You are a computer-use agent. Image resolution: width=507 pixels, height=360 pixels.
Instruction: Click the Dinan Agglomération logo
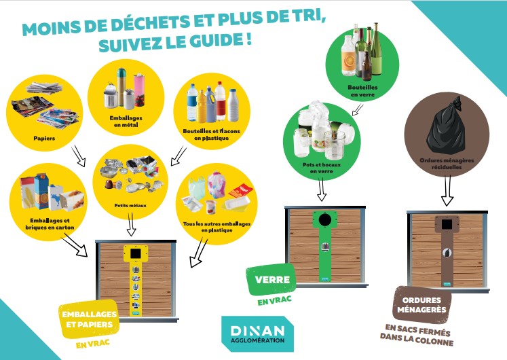tap(257, 334)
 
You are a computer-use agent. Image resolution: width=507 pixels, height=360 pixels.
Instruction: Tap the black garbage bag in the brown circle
tap(447, 126)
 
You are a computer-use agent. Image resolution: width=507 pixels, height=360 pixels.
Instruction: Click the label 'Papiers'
tap(44, 139)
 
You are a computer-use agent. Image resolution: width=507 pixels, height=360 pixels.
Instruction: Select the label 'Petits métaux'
tap(130, 205)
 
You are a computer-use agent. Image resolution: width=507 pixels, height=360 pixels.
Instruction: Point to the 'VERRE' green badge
tap(271, 279)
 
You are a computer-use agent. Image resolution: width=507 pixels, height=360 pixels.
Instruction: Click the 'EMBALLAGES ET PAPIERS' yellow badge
tap(89, 319)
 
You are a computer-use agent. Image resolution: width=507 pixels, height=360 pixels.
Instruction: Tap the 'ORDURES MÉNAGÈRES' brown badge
tap(421, 305)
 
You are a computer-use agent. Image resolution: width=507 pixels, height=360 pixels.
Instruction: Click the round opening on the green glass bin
tap(325, 219)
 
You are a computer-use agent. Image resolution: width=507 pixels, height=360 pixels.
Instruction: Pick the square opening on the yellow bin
tap(136, 253)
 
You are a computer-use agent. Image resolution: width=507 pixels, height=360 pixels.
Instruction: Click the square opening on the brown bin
tap(447, 224)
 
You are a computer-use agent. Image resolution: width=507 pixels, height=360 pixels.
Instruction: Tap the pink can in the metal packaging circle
tap(140, 90)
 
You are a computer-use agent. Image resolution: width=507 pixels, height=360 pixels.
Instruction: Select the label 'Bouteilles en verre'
tap(362, 91)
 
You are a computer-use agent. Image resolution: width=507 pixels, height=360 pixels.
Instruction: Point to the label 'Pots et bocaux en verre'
tap(322, 168)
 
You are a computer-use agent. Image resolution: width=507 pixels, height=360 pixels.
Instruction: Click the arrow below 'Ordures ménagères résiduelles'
tap(447, 190)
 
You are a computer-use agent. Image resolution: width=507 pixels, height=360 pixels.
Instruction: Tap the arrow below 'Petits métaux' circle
tap(130, 223)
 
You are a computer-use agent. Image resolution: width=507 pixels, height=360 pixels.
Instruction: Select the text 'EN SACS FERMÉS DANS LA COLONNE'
tap(417, 335)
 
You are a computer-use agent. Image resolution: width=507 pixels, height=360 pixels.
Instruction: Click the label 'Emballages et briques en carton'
tap(50, 224)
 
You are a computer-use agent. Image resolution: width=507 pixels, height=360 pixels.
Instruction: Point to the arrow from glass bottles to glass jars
tap(357, 109)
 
